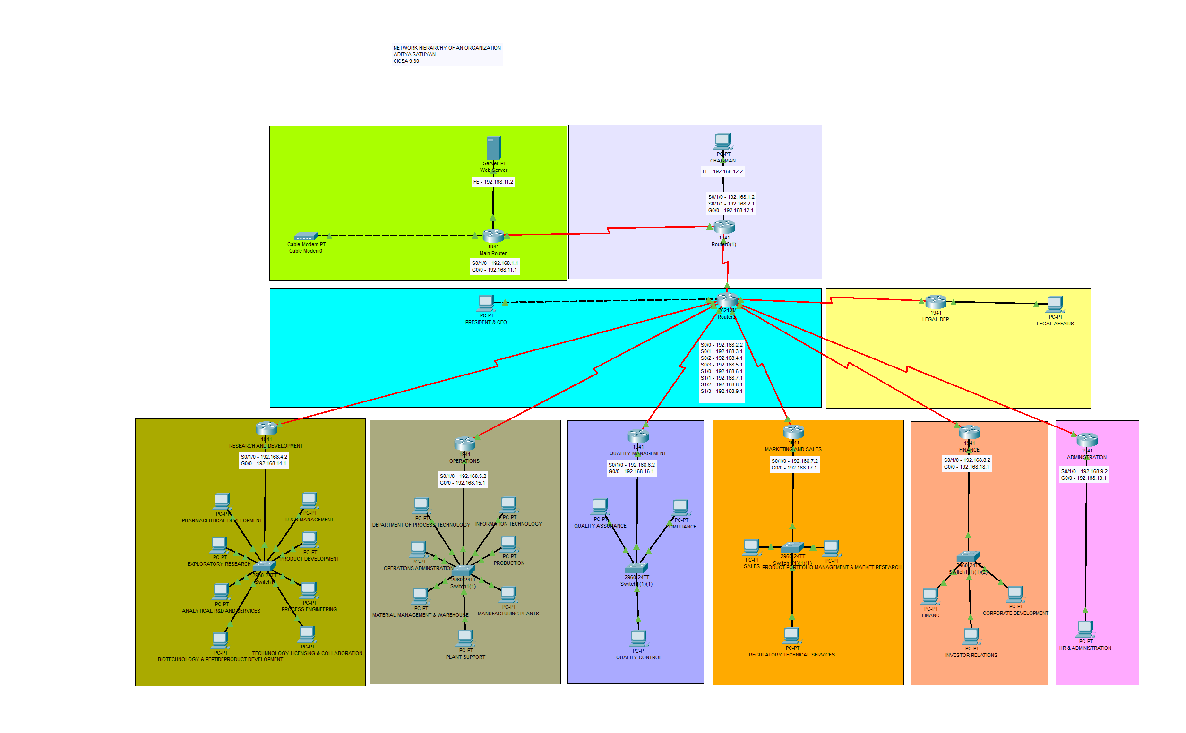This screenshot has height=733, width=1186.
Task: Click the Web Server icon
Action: pyautogui.click(x=493, y=147)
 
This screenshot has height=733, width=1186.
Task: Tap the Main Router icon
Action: pyautogui.click(x=493, y=236)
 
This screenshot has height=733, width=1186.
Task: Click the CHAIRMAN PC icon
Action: pyautogui.click(x=722, y=142)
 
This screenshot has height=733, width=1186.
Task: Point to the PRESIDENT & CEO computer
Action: pyautogui.click(x=485, y=303)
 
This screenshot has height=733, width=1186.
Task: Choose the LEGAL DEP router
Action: pyautogui.click(x=935, y=302)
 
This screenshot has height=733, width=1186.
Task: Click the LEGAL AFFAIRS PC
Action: pyautogui.click(x=1054, y=305)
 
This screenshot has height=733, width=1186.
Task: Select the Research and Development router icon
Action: pyautogui.click(x=266, y=428)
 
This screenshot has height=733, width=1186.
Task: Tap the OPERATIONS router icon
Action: pyautogui.click(x=464, y=443)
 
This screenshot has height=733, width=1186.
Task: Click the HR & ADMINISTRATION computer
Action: pyautogui.click(x=1085, y=629)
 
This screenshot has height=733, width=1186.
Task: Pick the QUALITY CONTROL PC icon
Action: pyautogui.click(x=638, y=638)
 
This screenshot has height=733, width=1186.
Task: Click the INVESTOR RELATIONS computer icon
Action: pyautogui.click(x=971, y=636)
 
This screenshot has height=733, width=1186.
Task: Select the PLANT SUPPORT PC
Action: pyautogui.click(x=465, y=638)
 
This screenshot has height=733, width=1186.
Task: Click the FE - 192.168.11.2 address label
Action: pyautogui.click(x=493, y=182)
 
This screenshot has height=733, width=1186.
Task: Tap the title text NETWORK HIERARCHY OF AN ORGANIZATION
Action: pyautogui.click(x=447, y=48)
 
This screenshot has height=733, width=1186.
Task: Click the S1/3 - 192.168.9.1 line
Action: pyautogui.click(x=721, y=392)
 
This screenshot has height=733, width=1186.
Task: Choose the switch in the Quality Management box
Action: pyautogui.click(x=636, y=568)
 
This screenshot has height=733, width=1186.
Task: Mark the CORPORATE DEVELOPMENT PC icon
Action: pyautogui.click(x=1015, y=593)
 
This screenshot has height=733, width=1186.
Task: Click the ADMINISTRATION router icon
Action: pyautogui.click(x=1087, y=440)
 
